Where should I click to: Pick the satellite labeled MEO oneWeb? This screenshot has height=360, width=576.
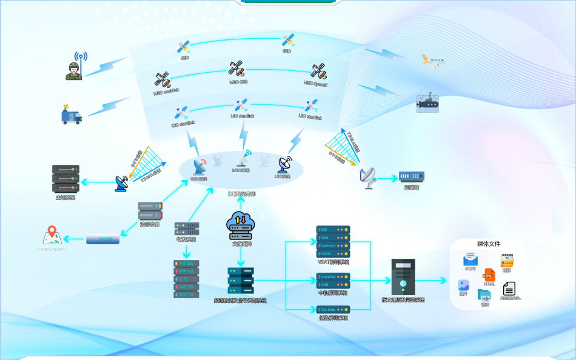162,79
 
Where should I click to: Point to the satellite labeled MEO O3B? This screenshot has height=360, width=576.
236,68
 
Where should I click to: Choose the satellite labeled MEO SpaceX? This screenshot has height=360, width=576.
319,72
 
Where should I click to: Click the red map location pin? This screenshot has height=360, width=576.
52,233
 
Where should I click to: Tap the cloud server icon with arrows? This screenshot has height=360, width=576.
241,224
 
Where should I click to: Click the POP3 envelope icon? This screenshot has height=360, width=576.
471,259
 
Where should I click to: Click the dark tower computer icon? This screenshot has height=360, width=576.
403,276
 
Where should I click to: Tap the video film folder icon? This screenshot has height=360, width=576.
507,259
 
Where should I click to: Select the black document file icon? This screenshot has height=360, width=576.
509,288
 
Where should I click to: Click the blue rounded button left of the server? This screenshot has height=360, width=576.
102,239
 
